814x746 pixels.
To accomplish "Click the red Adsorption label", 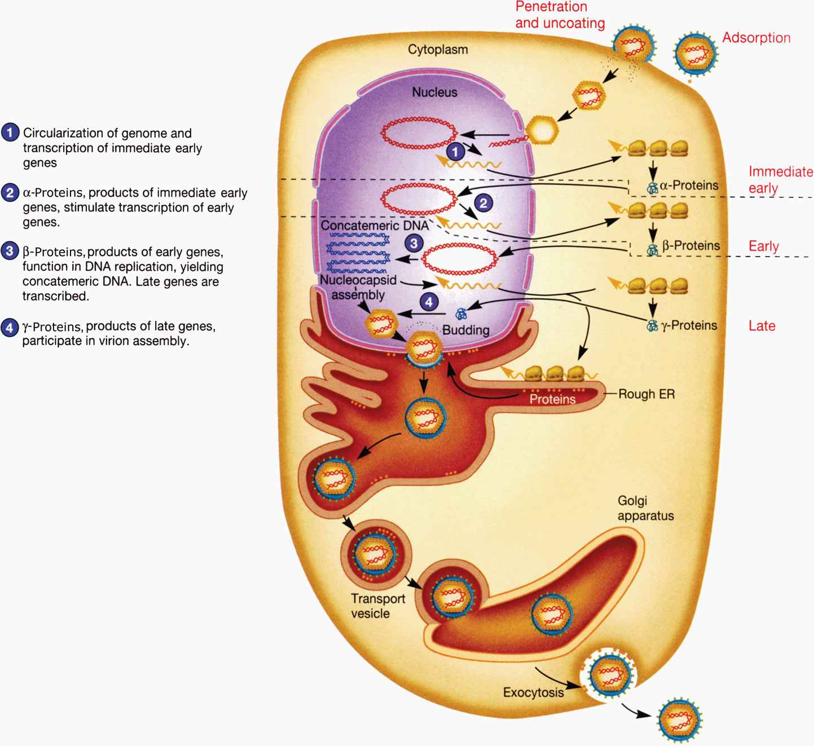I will coord(756,38).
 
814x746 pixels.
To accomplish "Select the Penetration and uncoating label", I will coord(560,15).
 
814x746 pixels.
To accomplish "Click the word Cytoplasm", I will coord(438,50).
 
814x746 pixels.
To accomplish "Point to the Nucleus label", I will coord(434,92).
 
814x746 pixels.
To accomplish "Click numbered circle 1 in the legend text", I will coord(10,134).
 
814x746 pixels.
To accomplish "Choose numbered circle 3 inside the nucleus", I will coord(414,244).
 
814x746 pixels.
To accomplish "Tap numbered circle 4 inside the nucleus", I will coord(429,302).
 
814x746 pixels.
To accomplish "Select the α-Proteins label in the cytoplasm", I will coord(689,186).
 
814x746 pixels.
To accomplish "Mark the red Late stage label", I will coord(762,326).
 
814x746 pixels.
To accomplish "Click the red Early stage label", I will coord(763,246).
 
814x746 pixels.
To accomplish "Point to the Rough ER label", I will coord(646,394).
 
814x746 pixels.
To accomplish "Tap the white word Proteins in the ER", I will coord(552,399).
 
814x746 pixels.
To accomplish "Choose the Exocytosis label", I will coord(533,692).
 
